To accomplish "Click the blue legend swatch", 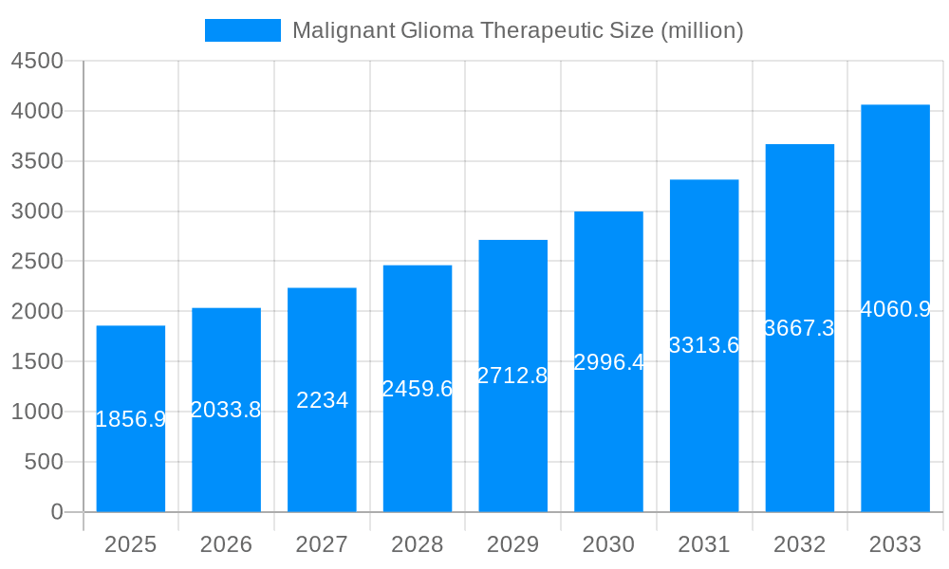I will pos(243,30).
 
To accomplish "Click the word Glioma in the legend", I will pos(437,30).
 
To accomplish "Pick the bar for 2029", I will pos(513,446).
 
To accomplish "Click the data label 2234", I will pos(323,400).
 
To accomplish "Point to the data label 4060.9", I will pos(895,309).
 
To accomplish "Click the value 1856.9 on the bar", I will pos(131,419).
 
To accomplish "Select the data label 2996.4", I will pos(608,362).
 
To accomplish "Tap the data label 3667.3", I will pos(799,328).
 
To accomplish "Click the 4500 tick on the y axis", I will pos(37,61).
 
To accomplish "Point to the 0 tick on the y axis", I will pos(56,512).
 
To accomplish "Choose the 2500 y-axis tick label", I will pos(37,262).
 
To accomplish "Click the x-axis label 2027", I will pos(322,545).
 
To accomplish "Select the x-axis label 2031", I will pos(704,545).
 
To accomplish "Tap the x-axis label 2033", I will pos(895,545).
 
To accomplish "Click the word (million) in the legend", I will pos(701,30).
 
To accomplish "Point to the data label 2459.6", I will pos(418,389).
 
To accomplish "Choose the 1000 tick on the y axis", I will pos(37,412).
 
